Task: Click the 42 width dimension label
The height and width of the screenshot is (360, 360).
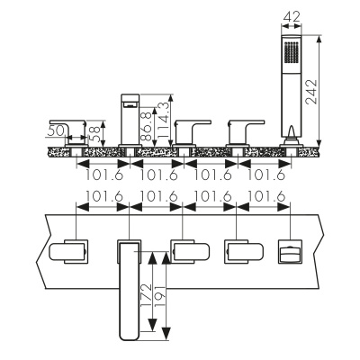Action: tap(292, 16)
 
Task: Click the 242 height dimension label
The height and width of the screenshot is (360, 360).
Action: tap(311, 92)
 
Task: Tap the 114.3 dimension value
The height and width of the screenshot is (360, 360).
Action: tap(163, 121)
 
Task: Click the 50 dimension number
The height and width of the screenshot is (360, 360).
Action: tap(57, 131)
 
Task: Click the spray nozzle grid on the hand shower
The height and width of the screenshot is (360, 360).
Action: tap(291, 52)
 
